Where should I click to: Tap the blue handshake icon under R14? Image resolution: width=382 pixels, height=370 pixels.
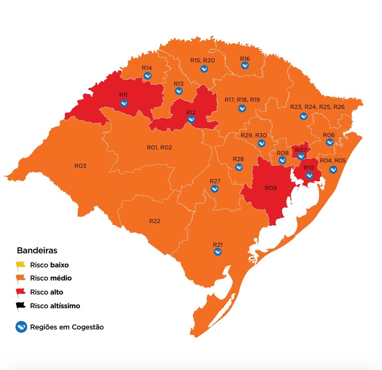click(x=147, y=76)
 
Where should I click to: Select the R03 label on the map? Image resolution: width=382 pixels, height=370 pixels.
click(x=80, y=166)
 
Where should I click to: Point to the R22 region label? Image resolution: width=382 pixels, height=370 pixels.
click(x=155, y=221)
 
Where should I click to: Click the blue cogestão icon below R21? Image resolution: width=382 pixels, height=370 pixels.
click(x=218, y=252)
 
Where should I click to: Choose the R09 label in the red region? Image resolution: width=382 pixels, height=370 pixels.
click(x=271, y=188)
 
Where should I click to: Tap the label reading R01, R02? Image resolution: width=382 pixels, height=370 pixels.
click(x=159, y=148)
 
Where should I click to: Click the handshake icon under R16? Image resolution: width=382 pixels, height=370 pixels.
click(x=245, y=66)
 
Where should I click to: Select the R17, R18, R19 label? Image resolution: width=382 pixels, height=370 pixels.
click(x=242, y=100)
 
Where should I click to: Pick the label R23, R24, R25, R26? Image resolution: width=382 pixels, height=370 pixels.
click(x=317, y=107)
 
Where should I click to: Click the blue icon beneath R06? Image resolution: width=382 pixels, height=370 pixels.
click(x=329, y=143)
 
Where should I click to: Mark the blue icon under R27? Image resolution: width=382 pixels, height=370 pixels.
click(x=214, y=189)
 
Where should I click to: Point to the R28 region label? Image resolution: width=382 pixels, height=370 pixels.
click(x=238, y=159)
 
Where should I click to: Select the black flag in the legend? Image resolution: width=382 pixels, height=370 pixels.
click(x=20, y=306)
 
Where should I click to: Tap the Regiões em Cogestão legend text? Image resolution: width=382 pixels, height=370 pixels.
click(x=67, y=327)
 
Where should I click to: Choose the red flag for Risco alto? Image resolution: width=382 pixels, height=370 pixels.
click(x=20, y=292)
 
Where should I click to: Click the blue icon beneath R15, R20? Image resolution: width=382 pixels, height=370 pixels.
click(x=204, y=69)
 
